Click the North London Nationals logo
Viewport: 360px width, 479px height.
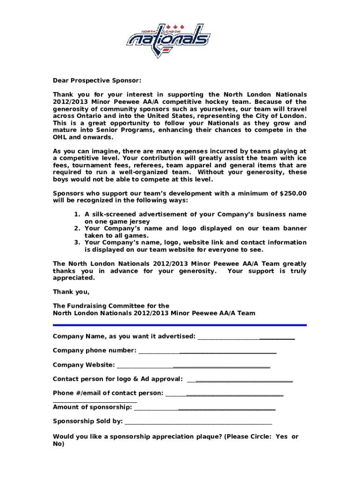168,40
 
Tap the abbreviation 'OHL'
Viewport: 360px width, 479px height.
60,137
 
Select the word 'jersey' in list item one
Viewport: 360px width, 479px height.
138,221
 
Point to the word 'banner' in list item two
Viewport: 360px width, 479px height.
294,228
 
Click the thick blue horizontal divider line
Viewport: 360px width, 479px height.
180,325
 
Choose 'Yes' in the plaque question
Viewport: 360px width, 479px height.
282,436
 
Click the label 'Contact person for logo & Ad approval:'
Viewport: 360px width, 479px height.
117,379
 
